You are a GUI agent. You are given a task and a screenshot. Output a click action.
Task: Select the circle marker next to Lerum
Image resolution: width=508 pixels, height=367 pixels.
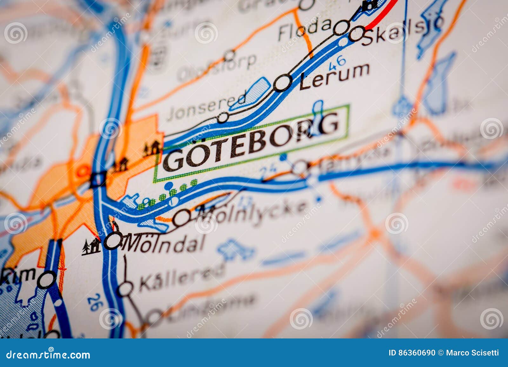click(282, 83)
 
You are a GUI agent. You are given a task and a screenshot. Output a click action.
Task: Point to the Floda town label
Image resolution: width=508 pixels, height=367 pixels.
click(304, 29)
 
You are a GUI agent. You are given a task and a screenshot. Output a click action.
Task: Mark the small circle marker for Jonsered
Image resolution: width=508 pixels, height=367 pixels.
click(223, 118)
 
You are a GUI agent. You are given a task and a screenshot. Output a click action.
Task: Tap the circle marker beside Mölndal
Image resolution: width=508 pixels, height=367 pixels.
click(113, 240)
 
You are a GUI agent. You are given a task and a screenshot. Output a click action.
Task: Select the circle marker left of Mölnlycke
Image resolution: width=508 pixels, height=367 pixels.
click(182, 218)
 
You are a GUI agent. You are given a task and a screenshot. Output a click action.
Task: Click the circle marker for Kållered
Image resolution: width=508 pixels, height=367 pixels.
click(125, 289)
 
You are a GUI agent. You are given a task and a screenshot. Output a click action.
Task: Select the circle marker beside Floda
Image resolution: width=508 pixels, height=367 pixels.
click(342, 27)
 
